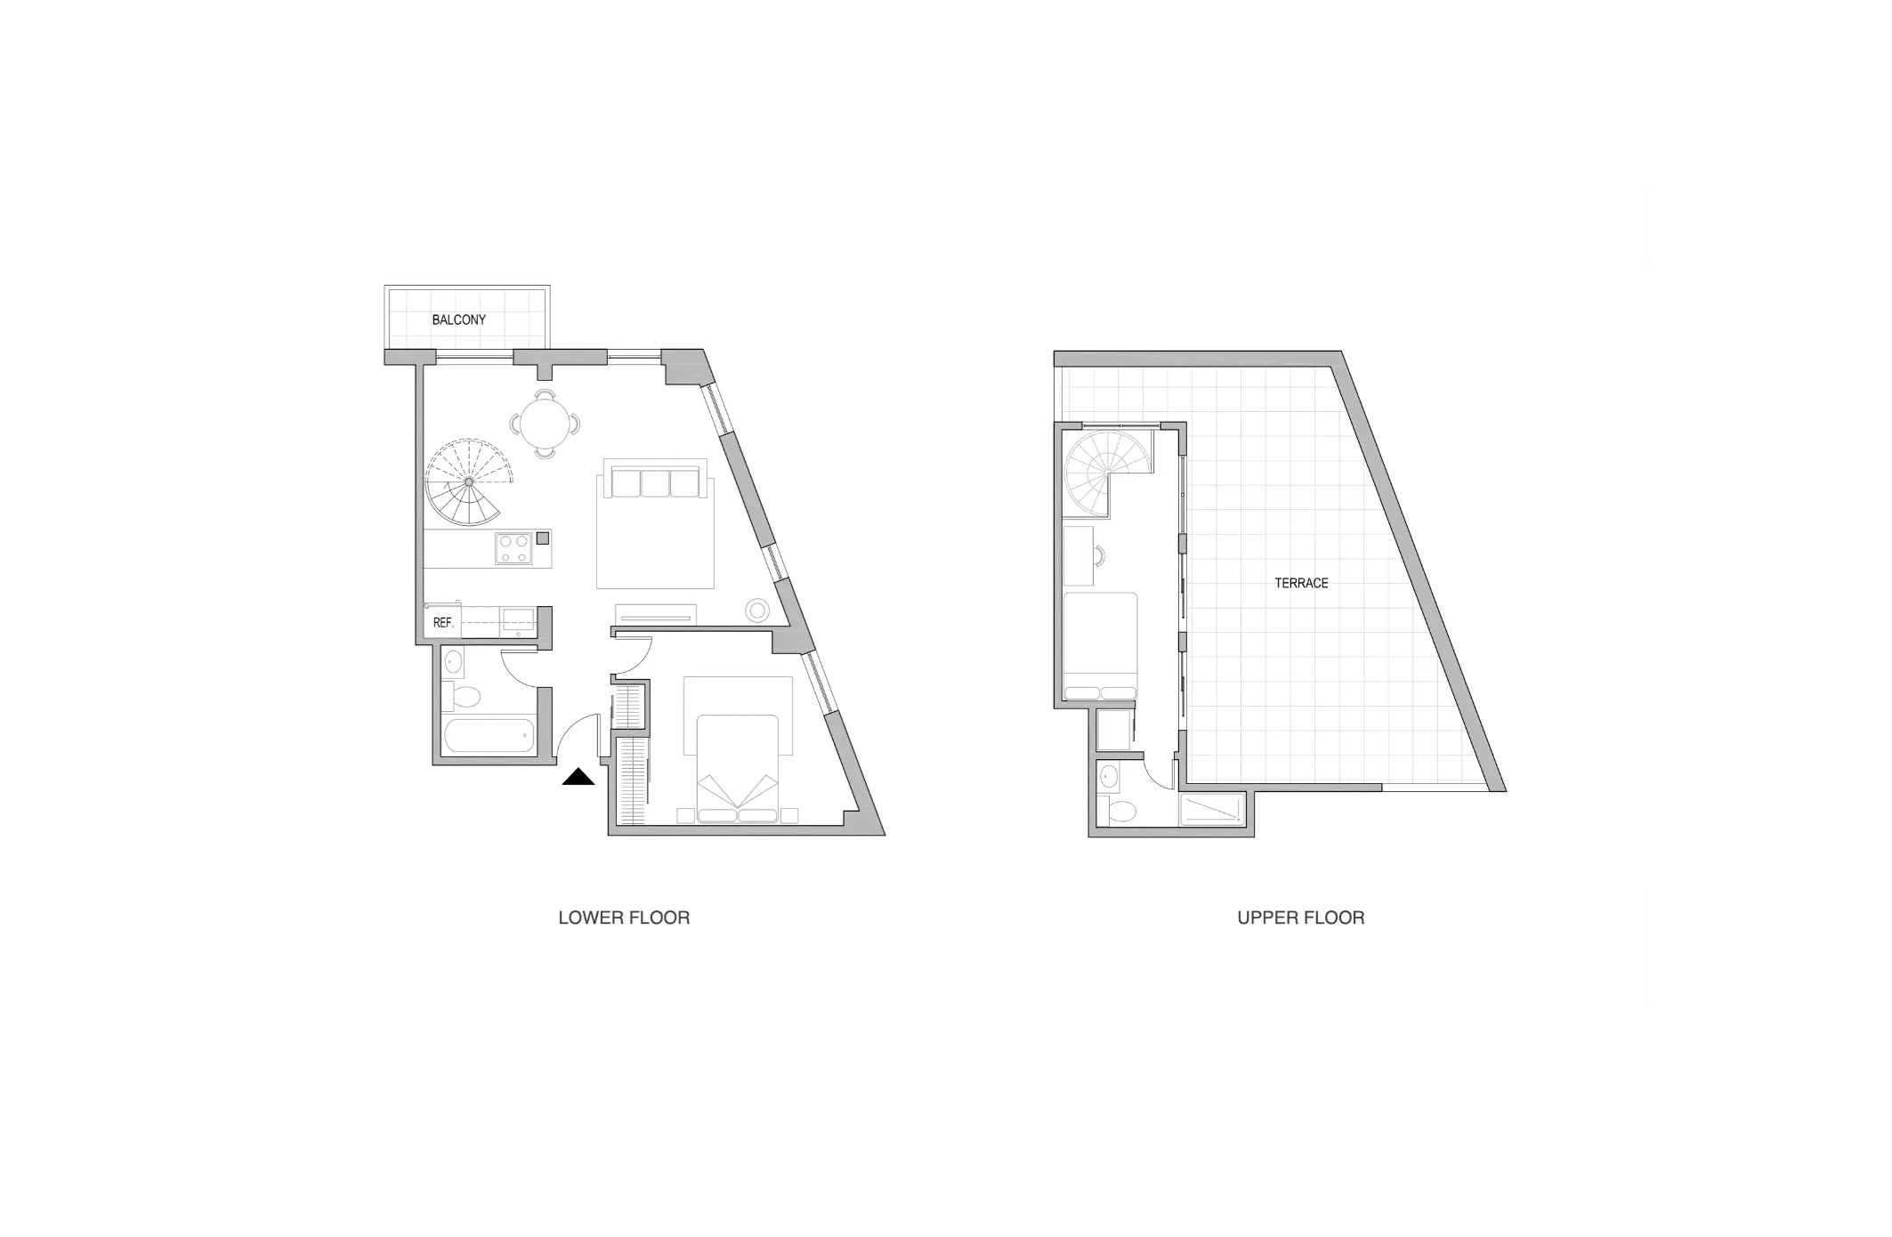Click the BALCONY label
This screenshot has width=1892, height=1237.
point(458,319)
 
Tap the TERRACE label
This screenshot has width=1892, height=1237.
point(1301,583)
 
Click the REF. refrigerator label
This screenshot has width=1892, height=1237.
point(443,623)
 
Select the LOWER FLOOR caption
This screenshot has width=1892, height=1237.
point(624,918)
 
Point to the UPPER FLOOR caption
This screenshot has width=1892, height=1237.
point(1300,918)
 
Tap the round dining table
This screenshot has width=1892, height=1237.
point(545,424)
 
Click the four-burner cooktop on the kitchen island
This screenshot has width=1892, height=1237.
point(513,548)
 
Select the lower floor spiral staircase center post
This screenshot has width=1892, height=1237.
point(469,481)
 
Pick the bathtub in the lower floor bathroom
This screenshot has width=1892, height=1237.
point(489,735)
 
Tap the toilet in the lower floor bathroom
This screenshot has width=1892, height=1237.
point(462,696)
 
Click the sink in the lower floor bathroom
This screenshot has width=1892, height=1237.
point(453,661)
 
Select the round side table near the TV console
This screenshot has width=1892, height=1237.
point(757,610)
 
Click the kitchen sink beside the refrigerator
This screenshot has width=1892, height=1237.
point(517,618)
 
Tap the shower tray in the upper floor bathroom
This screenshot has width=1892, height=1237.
point(1211,810)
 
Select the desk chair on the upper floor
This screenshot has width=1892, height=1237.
point(1100,555)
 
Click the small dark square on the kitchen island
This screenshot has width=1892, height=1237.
point(542,538)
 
